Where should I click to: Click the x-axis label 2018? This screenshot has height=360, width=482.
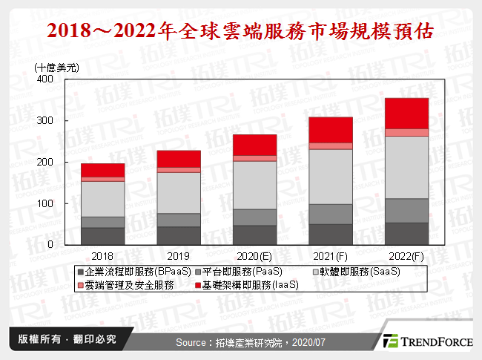pos(102,253)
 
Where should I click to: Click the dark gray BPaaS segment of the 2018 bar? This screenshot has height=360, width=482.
pos(102,236)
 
